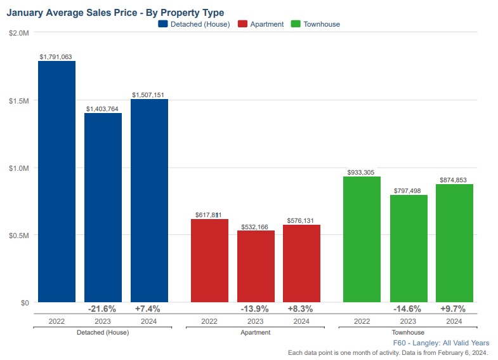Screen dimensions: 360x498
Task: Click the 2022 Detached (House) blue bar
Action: [56, 182]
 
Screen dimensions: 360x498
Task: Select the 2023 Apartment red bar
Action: [256, 266]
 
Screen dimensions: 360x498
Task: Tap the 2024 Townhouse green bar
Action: [454, 243]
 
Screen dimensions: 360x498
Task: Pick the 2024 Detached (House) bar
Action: [149, 201]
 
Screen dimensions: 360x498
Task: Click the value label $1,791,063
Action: [56, 57]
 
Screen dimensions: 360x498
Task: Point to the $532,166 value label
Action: [256, 226]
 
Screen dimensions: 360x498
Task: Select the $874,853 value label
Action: [454, 180]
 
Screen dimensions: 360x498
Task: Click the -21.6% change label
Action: [102, 309]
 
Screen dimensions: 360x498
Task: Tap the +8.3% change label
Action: [301, 309]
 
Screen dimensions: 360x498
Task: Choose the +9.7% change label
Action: [453, 309]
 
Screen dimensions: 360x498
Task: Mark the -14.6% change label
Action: [408, 309]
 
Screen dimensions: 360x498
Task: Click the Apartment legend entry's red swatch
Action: [242, 24]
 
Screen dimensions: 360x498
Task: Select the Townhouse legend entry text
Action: [321, 24]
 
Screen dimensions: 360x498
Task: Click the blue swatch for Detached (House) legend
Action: [162, 24]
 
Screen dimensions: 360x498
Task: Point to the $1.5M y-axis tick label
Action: [19, 100]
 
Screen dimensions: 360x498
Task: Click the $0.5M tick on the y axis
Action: [19, 235]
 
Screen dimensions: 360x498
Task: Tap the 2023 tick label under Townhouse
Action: [408, 321]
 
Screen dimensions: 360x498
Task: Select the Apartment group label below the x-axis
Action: [255, 332]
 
